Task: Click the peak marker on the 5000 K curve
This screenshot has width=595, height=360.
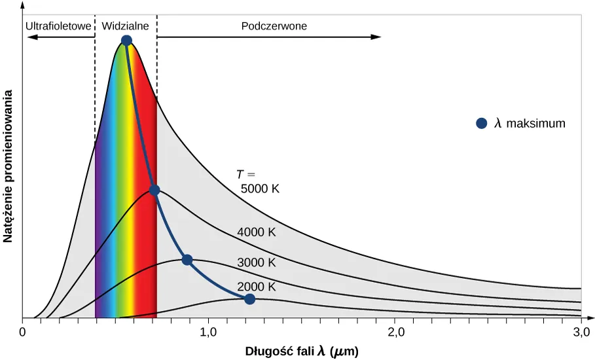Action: point(127,41)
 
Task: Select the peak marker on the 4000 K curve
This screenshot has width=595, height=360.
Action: point(154,190)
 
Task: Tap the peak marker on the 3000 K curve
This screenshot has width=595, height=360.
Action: point(187,260)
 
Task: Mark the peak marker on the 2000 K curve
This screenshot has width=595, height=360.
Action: point(249,299)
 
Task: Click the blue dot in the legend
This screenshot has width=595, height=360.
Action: point(482,123)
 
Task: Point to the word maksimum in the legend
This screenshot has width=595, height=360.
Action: point(535,123)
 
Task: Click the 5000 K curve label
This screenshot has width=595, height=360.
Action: point(260,189)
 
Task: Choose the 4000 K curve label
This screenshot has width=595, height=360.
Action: point(257,232)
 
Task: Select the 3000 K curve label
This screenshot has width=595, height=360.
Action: point(257,262)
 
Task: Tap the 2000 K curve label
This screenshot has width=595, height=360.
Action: point(257,287)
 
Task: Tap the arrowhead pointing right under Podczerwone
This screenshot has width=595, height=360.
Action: point(376,37)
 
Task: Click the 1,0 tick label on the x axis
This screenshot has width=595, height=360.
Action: point(208,332)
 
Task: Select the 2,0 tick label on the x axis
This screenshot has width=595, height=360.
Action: point(395,332)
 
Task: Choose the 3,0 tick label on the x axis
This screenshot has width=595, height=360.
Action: point(581,332)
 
